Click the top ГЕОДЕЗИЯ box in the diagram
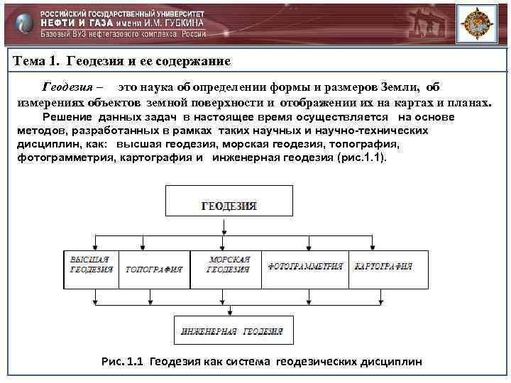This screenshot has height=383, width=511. click(229, 201)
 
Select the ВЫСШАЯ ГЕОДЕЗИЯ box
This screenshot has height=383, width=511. click(91, 269)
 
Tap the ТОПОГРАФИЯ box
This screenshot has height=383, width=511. click(154, 270)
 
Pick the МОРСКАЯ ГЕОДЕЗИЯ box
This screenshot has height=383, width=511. click(227, 269)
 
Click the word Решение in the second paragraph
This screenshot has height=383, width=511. click(67, 117)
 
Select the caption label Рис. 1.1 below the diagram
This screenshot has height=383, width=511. click(123, 362)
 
